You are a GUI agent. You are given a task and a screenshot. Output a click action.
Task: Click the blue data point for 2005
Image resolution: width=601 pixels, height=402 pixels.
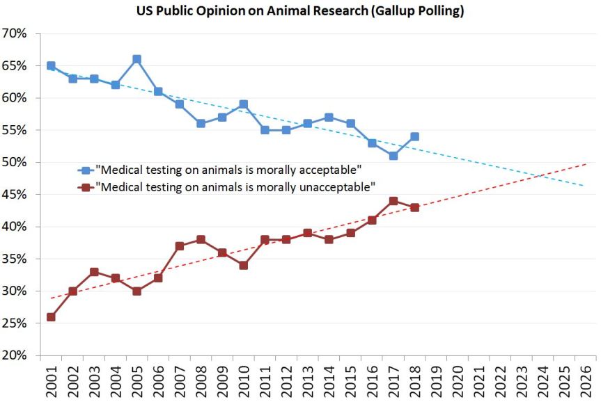tap(136, 59)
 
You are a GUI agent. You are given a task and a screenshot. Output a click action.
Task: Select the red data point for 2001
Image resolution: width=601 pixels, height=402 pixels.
tap(51, 316)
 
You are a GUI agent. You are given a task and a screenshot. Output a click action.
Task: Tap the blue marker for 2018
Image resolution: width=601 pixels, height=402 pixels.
tap(414, 136)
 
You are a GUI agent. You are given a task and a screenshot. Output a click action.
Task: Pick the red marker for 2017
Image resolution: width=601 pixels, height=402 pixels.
tap(393, 201)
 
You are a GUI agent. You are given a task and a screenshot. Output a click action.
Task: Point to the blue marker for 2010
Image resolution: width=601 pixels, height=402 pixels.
tap(244, 104)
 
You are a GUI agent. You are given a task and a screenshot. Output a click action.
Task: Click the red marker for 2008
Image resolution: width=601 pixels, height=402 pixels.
tap(201, 239)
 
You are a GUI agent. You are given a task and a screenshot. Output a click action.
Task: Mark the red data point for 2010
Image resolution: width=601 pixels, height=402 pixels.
tap(244, 265)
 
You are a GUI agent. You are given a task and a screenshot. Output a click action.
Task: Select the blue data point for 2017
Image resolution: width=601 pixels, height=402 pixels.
tap(393, 156)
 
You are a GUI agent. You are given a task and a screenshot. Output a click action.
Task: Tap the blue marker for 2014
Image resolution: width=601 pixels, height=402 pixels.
tap(329, 118)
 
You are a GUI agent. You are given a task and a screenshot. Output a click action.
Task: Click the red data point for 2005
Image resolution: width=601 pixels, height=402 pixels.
tap(136, 291)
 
